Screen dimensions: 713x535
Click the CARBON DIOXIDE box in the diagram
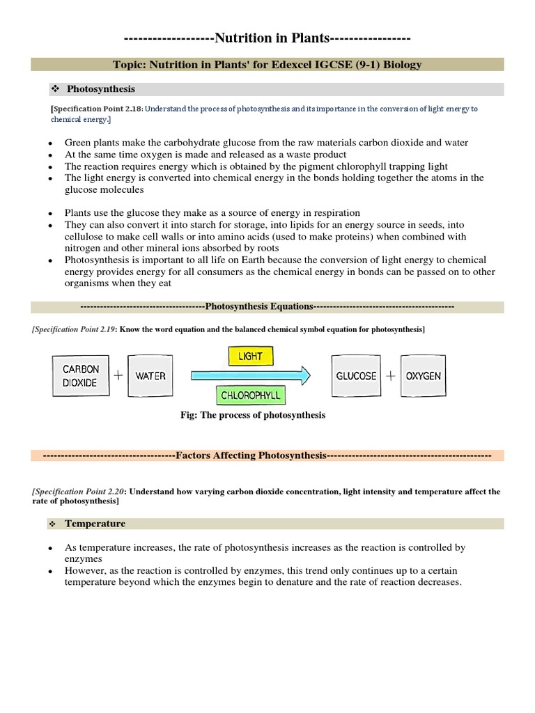[81, 376]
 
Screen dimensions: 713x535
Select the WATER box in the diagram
[150, 376]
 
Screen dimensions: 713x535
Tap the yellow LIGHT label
[250, 356]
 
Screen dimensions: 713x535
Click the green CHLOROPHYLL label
[250, 395]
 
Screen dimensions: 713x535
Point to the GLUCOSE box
[356, 376]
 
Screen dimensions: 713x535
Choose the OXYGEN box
[424, 376]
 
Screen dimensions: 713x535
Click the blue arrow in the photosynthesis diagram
[251, 376]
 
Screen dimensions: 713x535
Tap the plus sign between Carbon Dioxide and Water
[118, 376]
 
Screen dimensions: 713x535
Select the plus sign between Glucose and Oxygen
[390, 376]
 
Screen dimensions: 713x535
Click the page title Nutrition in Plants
[267, 38]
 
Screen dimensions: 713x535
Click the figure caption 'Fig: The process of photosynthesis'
[253, 415]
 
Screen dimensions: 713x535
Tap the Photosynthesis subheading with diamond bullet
[100, 89]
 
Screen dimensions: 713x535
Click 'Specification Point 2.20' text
[77, 492]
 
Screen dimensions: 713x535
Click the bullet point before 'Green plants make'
[50, 143]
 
